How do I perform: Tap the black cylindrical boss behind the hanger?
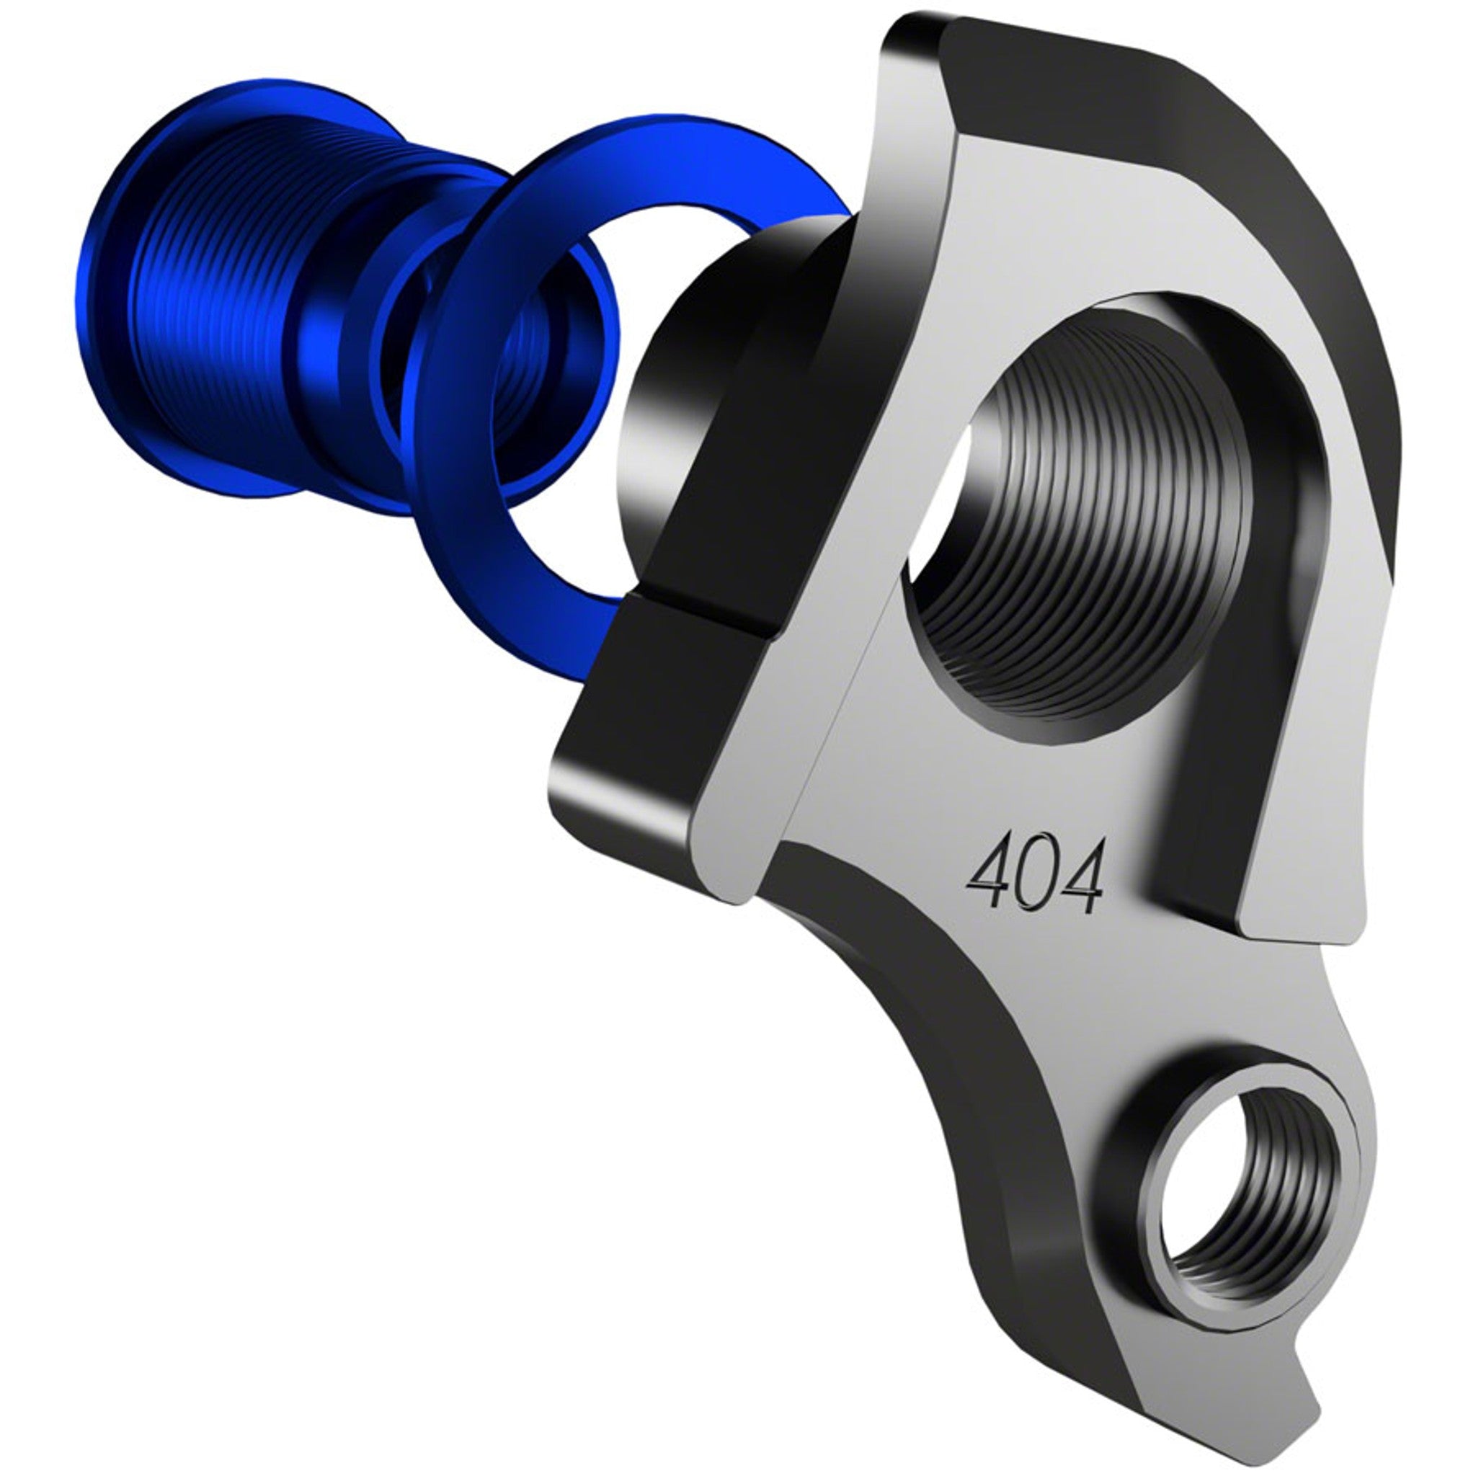(688, 382)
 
